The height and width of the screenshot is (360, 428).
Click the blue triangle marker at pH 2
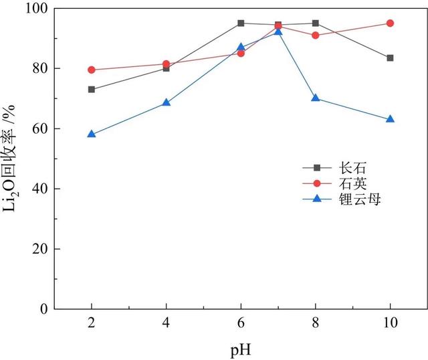tap(92, 134)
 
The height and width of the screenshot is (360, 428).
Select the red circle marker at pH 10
tap(390, 23)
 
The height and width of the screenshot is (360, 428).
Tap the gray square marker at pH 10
tap(390, 58)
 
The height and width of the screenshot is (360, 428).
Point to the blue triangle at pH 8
tap(315, 98)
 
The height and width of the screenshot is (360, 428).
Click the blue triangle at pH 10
tap(390, 119)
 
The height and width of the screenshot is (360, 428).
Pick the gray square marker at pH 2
tap(92, 90)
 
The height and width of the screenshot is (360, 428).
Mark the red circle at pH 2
tap(92, 70)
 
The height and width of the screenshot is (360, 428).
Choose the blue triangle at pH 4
tap(167, 102)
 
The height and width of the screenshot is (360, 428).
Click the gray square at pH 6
tap(241, 23)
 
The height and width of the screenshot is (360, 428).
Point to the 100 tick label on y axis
tap(36, 9)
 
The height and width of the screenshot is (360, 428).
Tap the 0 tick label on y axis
tap(43, 309)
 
